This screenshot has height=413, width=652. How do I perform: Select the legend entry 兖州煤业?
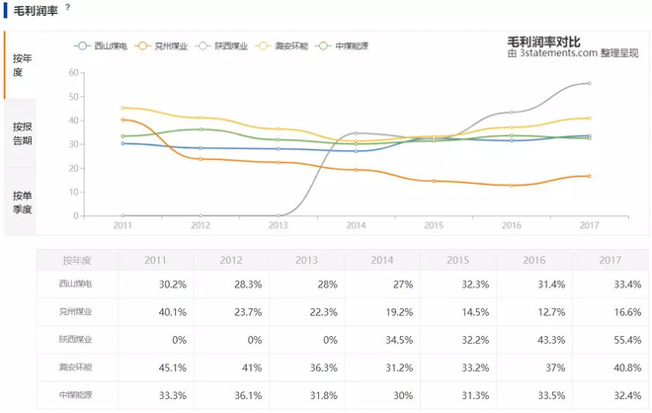point(165,45)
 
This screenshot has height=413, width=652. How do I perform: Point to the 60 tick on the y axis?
point(73,73)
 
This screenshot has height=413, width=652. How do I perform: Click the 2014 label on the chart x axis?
point(356,225)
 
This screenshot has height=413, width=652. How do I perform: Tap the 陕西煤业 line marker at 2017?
point(589,84)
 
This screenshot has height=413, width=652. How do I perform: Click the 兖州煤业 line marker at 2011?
point(122,121)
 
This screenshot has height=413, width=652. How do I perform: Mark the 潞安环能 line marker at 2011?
point(122,109)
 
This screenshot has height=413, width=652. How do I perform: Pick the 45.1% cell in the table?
point(156,367)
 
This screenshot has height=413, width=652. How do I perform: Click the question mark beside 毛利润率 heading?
point(67,8)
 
